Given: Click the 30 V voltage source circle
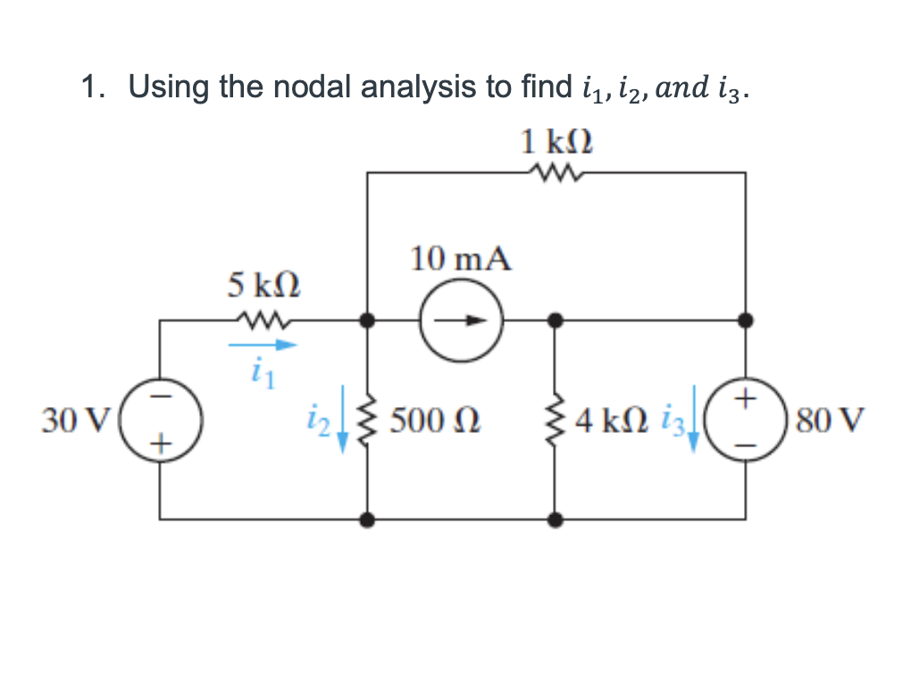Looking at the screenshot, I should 160,418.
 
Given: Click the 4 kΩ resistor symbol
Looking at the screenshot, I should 556,418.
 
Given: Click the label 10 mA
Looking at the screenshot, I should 461,260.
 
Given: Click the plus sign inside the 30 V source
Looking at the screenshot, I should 161,440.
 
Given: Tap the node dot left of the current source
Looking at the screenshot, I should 366,319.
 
